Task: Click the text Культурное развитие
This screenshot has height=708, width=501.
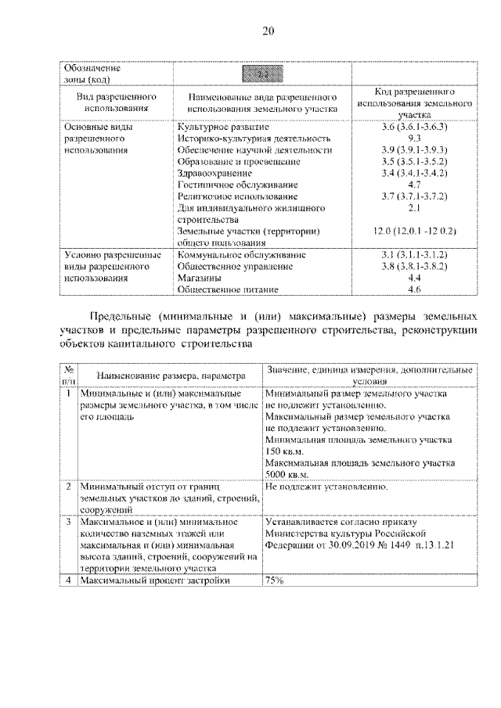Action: coord(223,127)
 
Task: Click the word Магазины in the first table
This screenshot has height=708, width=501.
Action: coord(199,278)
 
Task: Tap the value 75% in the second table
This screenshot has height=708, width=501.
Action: coord(275,581)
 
